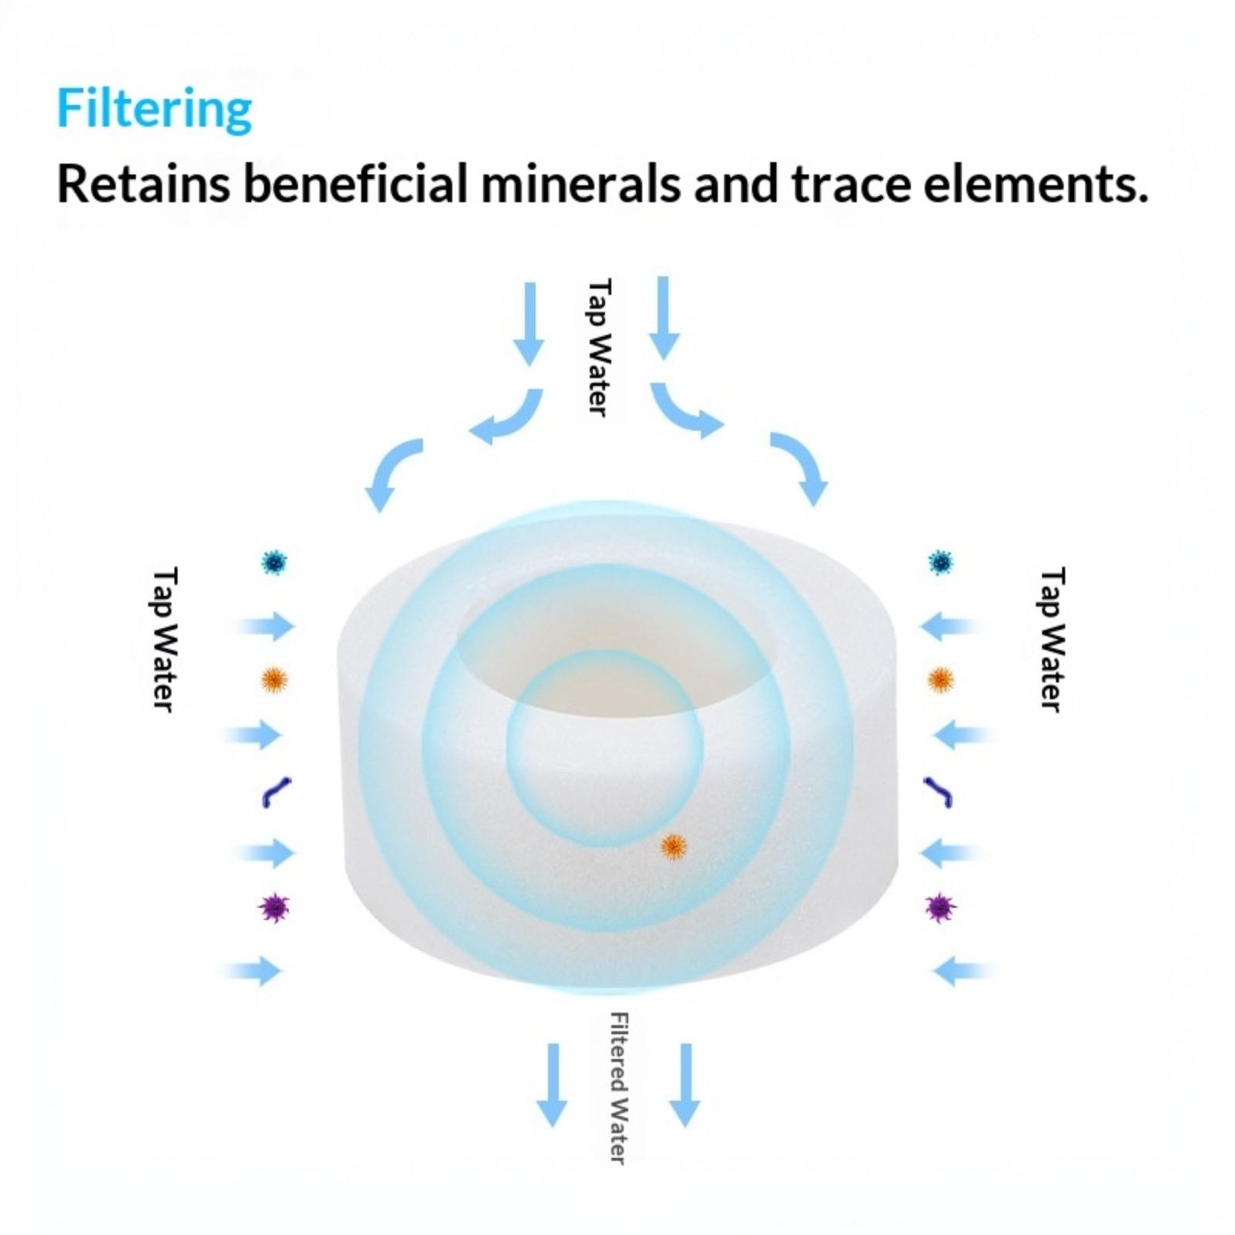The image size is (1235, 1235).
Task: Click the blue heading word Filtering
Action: [154, 110]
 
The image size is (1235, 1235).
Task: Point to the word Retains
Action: [144, 184]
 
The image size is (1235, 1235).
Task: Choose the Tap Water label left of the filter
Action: [164, 639]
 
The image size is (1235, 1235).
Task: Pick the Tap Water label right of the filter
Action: [1052, 639]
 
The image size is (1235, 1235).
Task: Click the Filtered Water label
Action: [618, 1088]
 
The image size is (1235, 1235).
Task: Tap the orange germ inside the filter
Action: [674, 847]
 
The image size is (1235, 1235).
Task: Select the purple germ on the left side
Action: [274, 907]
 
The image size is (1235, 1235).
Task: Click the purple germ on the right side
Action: [940, 907]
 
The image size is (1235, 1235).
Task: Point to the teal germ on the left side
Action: [274, 563]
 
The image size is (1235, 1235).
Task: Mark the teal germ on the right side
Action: [940, 563]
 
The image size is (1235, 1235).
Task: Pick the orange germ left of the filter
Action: [274, 679]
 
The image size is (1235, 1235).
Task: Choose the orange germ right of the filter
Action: [940, 679]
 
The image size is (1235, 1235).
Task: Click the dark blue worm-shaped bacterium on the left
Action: [276, 792]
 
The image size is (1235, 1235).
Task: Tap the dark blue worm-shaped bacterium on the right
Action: [938, 792]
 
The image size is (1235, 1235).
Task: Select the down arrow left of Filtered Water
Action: [553, 1084]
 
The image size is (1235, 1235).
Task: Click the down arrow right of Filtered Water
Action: [685, 1084]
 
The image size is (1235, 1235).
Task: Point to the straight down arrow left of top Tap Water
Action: [530, 323]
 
